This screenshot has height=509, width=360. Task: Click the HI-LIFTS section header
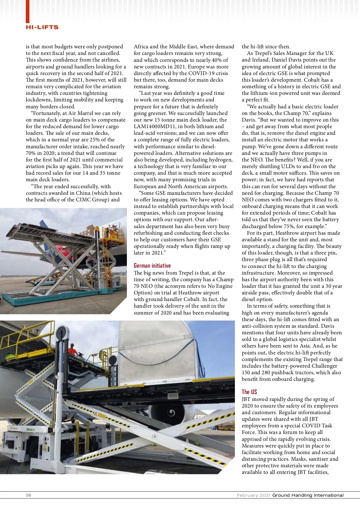point(42,27)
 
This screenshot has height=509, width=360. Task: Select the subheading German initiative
point(152,266)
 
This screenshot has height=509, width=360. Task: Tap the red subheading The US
point(249,392)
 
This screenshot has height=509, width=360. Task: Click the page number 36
point(28,495)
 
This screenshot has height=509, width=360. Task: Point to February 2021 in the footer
point(253,495)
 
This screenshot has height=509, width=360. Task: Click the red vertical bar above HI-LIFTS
point(28,11)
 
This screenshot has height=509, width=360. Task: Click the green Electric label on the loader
point(30,429)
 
